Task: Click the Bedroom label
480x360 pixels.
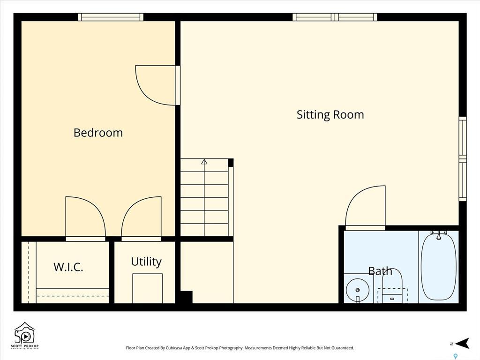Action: click(98, 133)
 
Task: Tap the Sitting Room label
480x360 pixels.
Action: click(330, 115)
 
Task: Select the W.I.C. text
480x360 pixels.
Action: click(68, 267)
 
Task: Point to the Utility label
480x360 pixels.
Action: click(146, 262)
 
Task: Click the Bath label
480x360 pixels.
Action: click(380, 271)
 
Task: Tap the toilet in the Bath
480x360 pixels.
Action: click(392, 286)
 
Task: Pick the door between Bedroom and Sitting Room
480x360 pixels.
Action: click(157, 85)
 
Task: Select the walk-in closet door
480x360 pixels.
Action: click(85, 217)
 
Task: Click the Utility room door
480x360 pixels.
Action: click(142, 217)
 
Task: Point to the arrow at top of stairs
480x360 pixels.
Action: click(204, 162)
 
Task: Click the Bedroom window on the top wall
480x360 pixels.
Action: click(111, 17)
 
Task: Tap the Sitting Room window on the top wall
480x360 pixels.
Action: click(335, 17)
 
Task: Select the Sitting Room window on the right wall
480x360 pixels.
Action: click(463, 158)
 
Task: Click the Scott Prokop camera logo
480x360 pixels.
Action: click(25, 335)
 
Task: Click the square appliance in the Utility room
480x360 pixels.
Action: click(147, 288)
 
